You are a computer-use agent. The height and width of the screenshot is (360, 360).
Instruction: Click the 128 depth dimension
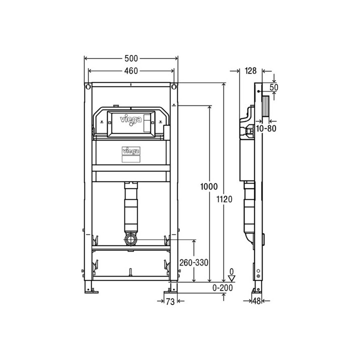point(251,71)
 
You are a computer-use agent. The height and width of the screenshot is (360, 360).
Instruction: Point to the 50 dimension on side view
point(274,87)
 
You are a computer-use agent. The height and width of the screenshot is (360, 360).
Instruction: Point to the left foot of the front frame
point(90,287)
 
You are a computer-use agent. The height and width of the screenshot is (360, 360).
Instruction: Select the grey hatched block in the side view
point(267,107)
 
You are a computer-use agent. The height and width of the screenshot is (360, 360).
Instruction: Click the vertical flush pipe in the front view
point(131,207)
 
